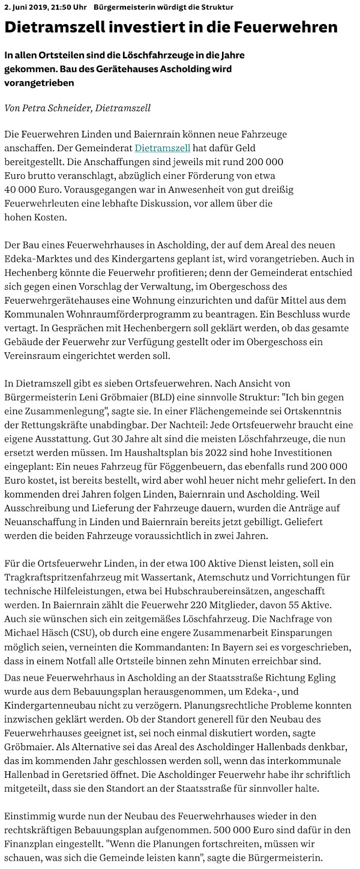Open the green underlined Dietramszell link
point(163,148)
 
